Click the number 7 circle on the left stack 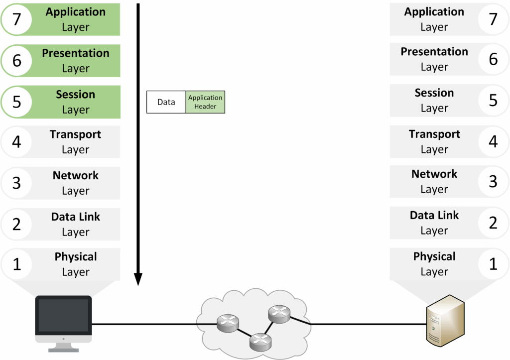click(16, 19)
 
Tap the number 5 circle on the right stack click(493, 100)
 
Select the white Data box click(166, 102)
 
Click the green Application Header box click(205, 102)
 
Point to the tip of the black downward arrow click(138, 285)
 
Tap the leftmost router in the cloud click(228, 324)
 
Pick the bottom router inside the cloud click(259, 340)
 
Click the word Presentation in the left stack click(76, 53)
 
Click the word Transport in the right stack click(434, 134)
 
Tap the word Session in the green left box click(76, 94)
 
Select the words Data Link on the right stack click(434, 215)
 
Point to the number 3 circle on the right click(493, 182)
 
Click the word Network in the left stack click(76, 175)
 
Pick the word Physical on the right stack click(434, 256)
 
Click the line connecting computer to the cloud click(149, 324)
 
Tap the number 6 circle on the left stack click(16, 61)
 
